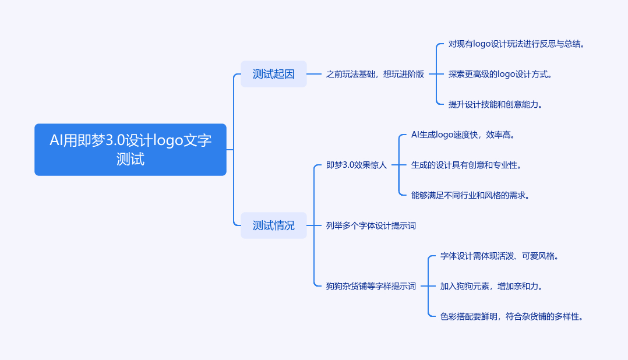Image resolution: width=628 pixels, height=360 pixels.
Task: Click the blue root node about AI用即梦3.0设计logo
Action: click(x=130, y=149)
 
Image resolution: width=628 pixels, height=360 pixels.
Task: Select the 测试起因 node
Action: click(x=274, y=74)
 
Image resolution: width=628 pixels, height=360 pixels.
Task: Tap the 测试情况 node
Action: click(x=274, y=225)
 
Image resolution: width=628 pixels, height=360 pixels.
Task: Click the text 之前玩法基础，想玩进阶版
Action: click(x=375, y=74)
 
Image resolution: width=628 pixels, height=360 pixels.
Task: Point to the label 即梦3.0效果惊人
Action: click(x=357, y=165)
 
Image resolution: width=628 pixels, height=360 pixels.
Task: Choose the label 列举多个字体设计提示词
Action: click(x=371, y=225)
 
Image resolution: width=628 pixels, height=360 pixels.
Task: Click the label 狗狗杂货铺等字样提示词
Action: click(x=371, y=287)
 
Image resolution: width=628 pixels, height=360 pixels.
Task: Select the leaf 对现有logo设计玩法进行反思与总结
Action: click(x=516, y=44)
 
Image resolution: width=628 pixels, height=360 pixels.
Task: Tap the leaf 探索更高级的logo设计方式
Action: click(x=500, y=74)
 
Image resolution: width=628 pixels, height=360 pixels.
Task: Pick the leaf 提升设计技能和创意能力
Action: click(x=495, y=104)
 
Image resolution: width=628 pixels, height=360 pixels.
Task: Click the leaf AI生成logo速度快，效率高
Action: click(x=463, y=135)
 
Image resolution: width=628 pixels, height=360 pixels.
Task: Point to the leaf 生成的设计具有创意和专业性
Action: click(x=466, y=165)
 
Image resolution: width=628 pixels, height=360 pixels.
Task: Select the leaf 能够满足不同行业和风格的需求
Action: click(x=470, y=195)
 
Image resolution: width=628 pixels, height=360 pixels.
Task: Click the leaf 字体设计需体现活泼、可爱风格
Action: click(x=499, y=256)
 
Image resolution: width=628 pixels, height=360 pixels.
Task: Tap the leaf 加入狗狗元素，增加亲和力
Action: click(x=492, y=287)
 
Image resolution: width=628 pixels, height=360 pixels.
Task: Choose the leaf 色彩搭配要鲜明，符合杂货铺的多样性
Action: click(x=511, y=316)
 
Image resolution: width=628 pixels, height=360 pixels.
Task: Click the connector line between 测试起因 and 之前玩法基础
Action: click(x=314, y=74)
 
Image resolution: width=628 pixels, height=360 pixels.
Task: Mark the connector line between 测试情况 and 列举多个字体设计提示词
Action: click(x=314, y=225)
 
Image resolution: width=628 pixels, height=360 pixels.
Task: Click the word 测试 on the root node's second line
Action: click(x=130, y=160)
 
